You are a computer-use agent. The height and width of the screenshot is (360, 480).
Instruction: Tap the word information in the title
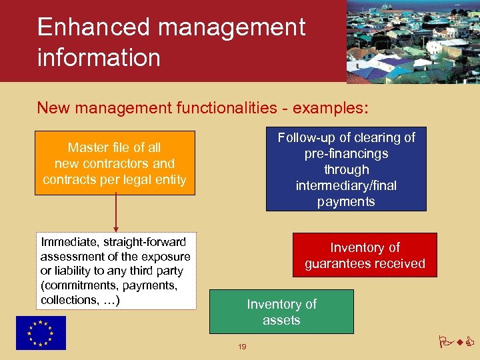click(99, 57)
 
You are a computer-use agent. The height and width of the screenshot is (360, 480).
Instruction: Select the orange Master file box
click(115, 163)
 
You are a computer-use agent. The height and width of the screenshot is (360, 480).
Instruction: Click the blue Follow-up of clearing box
click(345, 169)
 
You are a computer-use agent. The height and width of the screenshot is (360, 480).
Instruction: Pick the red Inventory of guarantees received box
click(365, 255)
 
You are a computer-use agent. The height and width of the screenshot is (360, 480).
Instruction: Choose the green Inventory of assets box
click(281, 312)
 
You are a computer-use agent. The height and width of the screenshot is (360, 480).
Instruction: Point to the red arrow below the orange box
click(116, 213)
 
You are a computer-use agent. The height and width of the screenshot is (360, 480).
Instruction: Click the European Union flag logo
click(41, 333)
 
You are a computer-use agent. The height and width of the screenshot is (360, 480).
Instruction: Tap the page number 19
click(243, 347)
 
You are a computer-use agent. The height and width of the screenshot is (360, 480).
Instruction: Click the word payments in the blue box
click(346, 201)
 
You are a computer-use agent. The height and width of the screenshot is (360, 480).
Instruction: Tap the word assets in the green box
click(281, 320)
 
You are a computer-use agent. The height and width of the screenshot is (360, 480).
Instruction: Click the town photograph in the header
click(413, 41)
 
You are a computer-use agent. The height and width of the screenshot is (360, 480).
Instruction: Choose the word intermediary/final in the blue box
click(346, 185)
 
